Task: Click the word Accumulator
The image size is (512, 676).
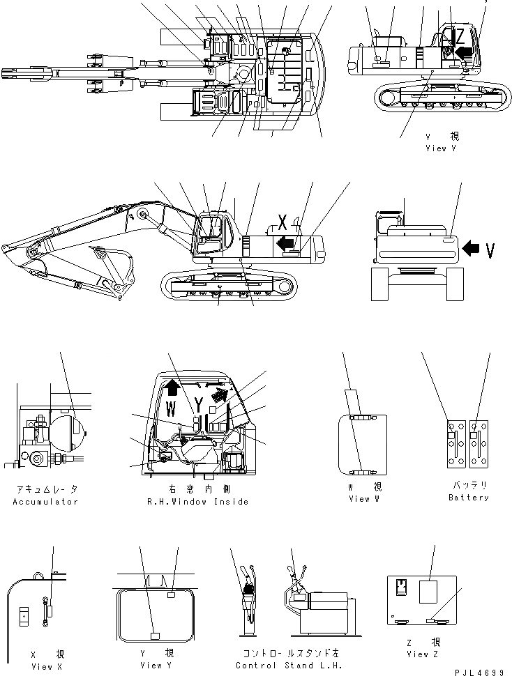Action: point(45,501)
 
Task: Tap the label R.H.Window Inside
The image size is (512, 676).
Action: point(197,501)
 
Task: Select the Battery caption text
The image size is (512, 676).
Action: point(468,498)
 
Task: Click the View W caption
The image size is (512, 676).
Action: point(363,498)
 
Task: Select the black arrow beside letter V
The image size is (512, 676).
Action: point(473,247)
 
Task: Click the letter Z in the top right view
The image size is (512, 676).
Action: point(460,35)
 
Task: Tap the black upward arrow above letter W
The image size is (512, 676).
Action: point(173,384)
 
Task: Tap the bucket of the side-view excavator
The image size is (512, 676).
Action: point(115,268)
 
